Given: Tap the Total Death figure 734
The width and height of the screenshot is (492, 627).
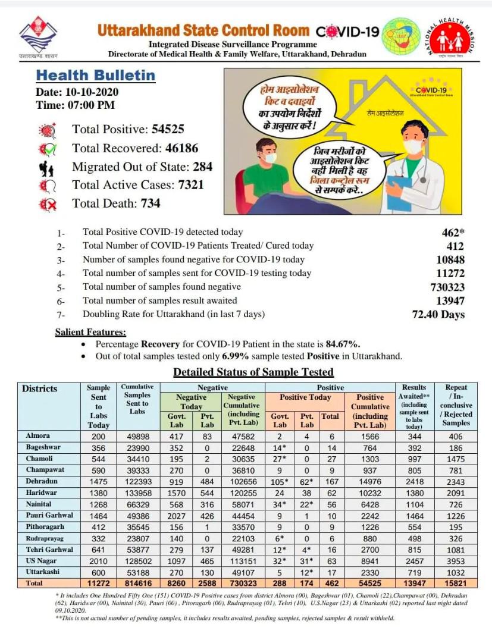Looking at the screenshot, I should (x=151, y=203).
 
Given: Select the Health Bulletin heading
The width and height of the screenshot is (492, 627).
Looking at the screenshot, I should (x=96, y=76).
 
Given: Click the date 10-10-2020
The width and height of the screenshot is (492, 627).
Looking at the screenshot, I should (x=90, y=92).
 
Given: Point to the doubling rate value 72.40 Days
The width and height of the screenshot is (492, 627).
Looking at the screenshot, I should (x=438, y=314).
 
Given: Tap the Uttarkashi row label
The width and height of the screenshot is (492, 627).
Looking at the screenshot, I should (x=42, y=571).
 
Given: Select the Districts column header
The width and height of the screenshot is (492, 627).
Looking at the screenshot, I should (x=40, y=389).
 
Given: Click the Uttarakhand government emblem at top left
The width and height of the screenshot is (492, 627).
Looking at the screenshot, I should (x=37, y=34).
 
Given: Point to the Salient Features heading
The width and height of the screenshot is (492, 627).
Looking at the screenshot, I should (x=90, y=332).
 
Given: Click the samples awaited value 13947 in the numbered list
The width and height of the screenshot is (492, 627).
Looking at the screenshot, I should (x=450, y=300).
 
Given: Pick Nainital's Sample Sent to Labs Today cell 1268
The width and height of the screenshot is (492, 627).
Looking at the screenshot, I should (x=99, y=503).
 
